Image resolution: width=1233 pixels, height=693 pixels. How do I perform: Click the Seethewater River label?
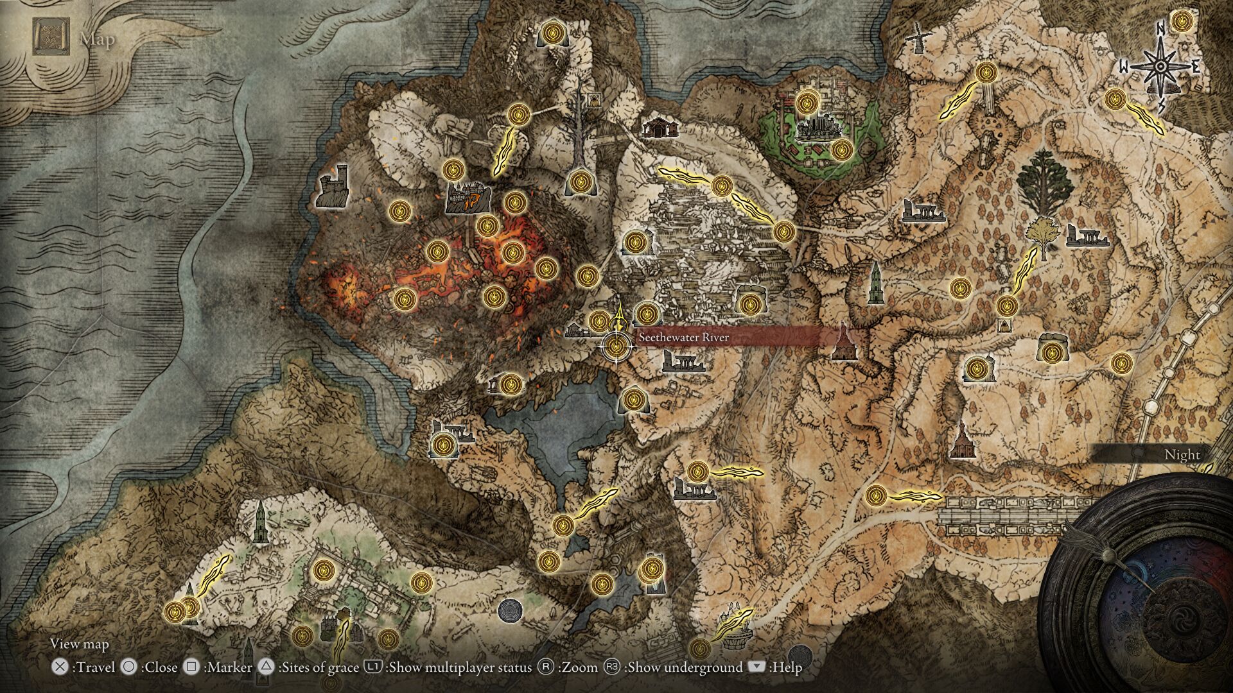pyautogui.click(x=683, y=338)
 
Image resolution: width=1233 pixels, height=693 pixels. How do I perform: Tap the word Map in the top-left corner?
pyautogui.click(x=97, y=39)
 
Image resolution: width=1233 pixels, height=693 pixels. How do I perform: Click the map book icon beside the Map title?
pyautogui.click(x=51, y=37)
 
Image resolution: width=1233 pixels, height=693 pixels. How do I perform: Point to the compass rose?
pyautogui.click(x=1160, y=65)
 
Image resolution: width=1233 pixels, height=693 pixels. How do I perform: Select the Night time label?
pyautogui.click(x=1182, y=454)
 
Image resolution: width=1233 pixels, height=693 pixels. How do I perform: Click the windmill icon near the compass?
pyautogui.click(x=916, y=38)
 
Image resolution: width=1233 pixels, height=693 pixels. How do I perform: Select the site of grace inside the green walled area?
pyautogui.click(x=806, y=103)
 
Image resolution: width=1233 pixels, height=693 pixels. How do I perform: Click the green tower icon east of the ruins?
pyautogui.click(x=874, y=284)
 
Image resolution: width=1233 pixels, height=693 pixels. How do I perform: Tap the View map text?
pyautogui.click(x=80, y=644)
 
